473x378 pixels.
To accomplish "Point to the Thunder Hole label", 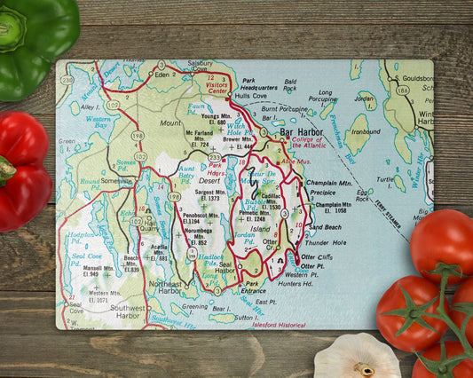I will coord(326,242).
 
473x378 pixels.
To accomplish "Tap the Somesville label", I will coord(115,180).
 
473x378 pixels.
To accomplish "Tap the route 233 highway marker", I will coord(215,157).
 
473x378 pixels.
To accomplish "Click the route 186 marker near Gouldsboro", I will coord(403,90).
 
